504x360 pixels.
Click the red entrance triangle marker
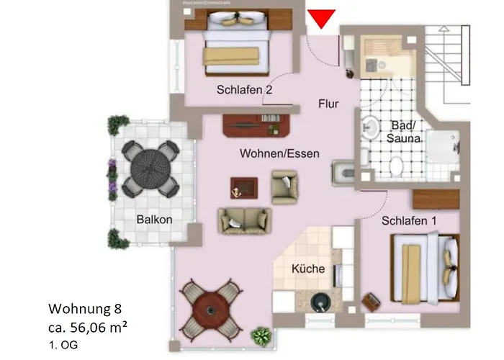[x=322, y=19]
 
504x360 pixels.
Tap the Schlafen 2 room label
[x=244, y=90]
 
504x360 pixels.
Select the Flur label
[x=328, y=104]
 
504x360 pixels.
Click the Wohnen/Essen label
[x=279, y=153]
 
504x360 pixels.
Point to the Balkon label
[x=154, y=220]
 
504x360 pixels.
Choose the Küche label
[x=308, y=269]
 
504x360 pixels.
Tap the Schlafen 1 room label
[x=409, y=220]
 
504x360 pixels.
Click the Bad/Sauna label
[x=403, y=131]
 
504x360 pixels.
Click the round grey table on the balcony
[x=150, y=168]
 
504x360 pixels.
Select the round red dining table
[x=210, y=310]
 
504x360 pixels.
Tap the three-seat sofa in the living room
[x=245, y=221]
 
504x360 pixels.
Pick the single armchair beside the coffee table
[x=284, y=186]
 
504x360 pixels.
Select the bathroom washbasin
[x=369, y=127]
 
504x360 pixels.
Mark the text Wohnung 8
[x=84, y=309]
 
